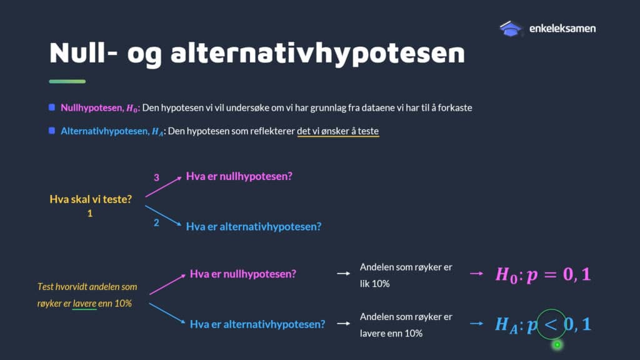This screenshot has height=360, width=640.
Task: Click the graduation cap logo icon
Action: click(511, 29)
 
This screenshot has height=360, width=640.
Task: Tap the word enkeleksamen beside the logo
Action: click(562, 29)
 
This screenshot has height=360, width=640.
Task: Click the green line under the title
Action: click(67, 82)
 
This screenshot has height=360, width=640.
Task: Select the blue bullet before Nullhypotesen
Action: click(52, 107)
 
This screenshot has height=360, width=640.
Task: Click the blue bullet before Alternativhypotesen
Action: click(52, 131)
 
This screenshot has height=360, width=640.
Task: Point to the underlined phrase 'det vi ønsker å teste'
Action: click(338, 131)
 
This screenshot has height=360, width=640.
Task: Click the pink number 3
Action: click(156, 177)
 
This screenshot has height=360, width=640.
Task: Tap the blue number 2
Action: click(156, 223)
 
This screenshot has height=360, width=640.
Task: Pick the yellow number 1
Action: click(90, 214)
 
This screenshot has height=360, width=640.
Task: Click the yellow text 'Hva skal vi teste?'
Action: click(91, 199)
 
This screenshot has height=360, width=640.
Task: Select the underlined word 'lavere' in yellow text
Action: click(84, 304)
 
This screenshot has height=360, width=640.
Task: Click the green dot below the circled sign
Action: click(557, 345)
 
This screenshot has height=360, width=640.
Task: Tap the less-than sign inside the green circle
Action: click(551, 325)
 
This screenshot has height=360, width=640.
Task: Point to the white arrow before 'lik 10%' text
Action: click(343, 274)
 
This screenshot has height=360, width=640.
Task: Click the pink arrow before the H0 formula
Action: click(476, 274)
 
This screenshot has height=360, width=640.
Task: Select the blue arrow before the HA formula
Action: click(476, 324)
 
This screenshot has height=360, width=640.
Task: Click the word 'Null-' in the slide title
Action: click(83, 52)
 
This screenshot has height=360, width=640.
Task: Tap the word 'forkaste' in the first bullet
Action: click(455, 107)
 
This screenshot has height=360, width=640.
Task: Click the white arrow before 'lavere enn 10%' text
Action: click(343, 324)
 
